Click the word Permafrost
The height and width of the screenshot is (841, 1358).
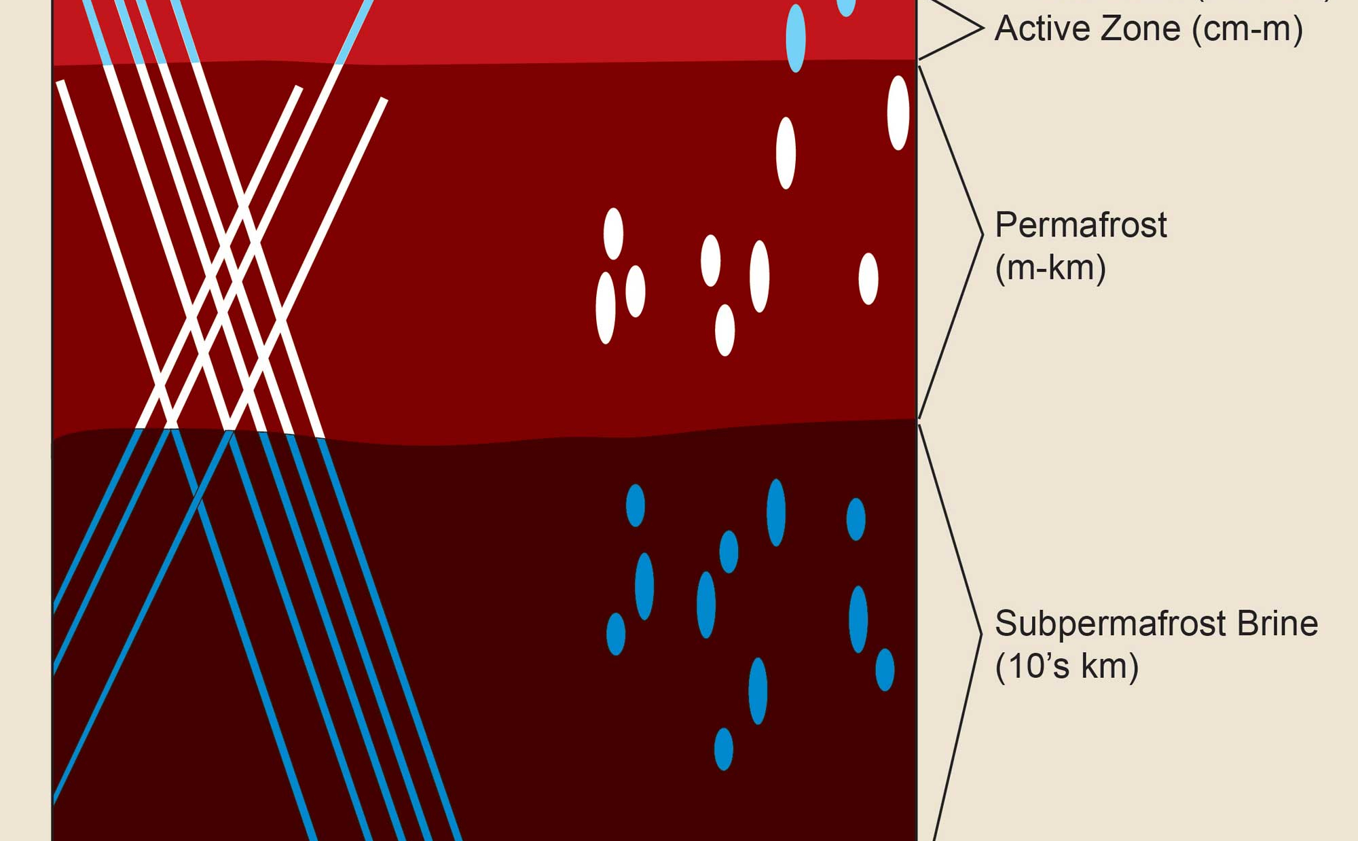[x=1080, y=225]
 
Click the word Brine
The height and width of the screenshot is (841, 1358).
[x=1277, y=624]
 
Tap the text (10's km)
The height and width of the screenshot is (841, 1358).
[x=1066, y=666]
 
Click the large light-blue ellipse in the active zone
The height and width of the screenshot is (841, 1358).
[x=795, y=38]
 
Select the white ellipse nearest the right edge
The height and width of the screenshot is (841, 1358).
[x=898, y=113]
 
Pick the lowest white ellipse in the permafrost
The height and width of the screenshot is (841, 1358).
[x=724, y=330]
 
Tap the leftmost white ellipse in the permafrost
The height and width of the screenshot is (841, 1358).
[x=605, y=308]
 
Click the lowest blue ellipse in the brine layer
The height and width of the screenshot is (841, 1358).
[x=724, y=749]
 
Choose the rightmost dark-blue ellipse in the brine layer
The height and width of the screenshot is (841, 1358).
[x=885, y=670]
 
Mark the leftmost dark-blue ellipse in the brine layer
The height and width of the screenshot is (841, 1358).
[x=615, y=634]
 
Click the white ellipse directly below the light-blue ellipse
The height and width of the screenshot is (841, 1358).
[x=786, y=153]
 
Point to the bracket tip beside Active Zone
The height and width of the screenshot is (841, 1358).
[x=982, y=28]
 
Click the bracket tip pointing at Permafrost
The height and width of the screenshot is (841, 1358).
[x=982, y=234]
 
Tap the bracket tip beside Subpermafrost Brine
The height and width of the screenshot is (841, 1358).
[x=980, y=633]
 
